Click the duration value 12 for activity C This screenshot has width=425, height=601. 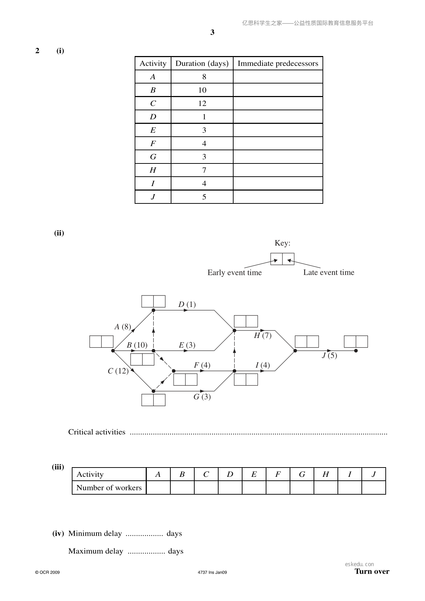tap(202, 103)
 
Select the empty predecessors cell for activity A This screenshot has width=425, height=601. tap(278, 77)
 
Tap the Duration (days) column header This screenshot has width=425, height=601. tap(202, 63)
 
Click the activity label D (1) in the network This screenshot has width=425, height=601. tap(187, 304)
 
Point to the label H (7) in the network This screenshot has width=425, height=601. tap(262, 335)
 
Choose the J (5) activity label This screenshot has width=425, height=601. tap(329, 355)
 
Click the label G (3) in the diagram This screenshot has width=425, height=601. tap(202, 397)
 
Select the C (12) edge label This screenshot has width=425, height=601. tap(118, 371)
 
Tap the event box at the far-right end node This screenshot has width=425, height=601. tap(356, 342)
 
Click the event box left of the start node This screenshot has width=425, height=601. tap(101, 342)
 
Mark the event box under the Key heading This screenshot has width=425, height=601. tap(282, 259)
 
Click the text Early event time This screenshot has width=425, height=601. tap(234, 273)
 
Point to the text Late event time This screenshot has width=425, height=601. tap(329, 272)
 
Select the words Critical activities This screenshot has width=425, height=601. tap(97, 432)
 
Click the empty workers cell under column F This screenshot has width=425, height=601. tap(278, 488)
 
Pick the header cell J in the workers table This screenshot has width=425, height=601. tap(374, 474)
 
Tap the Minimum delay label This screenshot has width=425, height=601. tap(95, 533)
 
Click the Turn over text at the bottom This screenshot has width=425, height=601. tap(372, 571)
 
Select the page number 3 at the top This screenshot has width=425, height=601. tap(212, 32)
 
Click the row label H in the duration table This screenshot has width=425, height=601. tap(153, 170)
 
